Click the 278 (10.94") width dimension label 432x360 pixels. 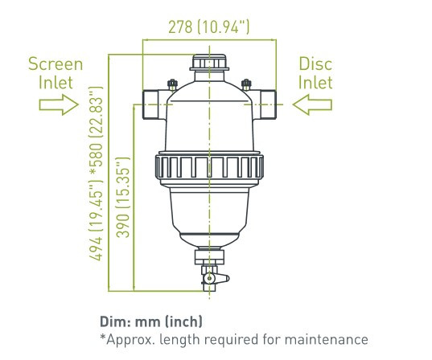209,27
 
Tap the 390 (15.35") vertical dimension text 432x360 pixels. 122,198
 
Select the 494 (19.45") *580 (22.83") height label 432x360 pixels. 96,174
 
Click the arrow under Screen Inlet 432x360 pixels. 59,104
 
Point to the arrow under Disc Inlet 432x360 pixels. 312,104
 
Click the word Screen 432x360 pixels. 56,63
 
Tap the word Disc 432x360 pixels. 315,63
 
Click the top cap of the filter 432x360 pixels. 209,63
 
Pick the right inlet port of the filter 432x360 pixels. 265,104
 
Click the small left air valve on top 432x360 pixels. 172,84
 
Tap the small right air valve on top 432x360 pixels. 246,84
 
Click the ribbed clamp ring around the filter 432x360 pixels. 209,167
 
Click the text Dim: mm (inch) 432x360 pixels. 151,321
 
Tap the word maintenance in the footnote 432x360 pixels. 326,340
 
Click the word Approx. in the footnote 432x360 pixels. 130,340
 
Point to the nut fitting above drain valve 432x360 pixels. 209,257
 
